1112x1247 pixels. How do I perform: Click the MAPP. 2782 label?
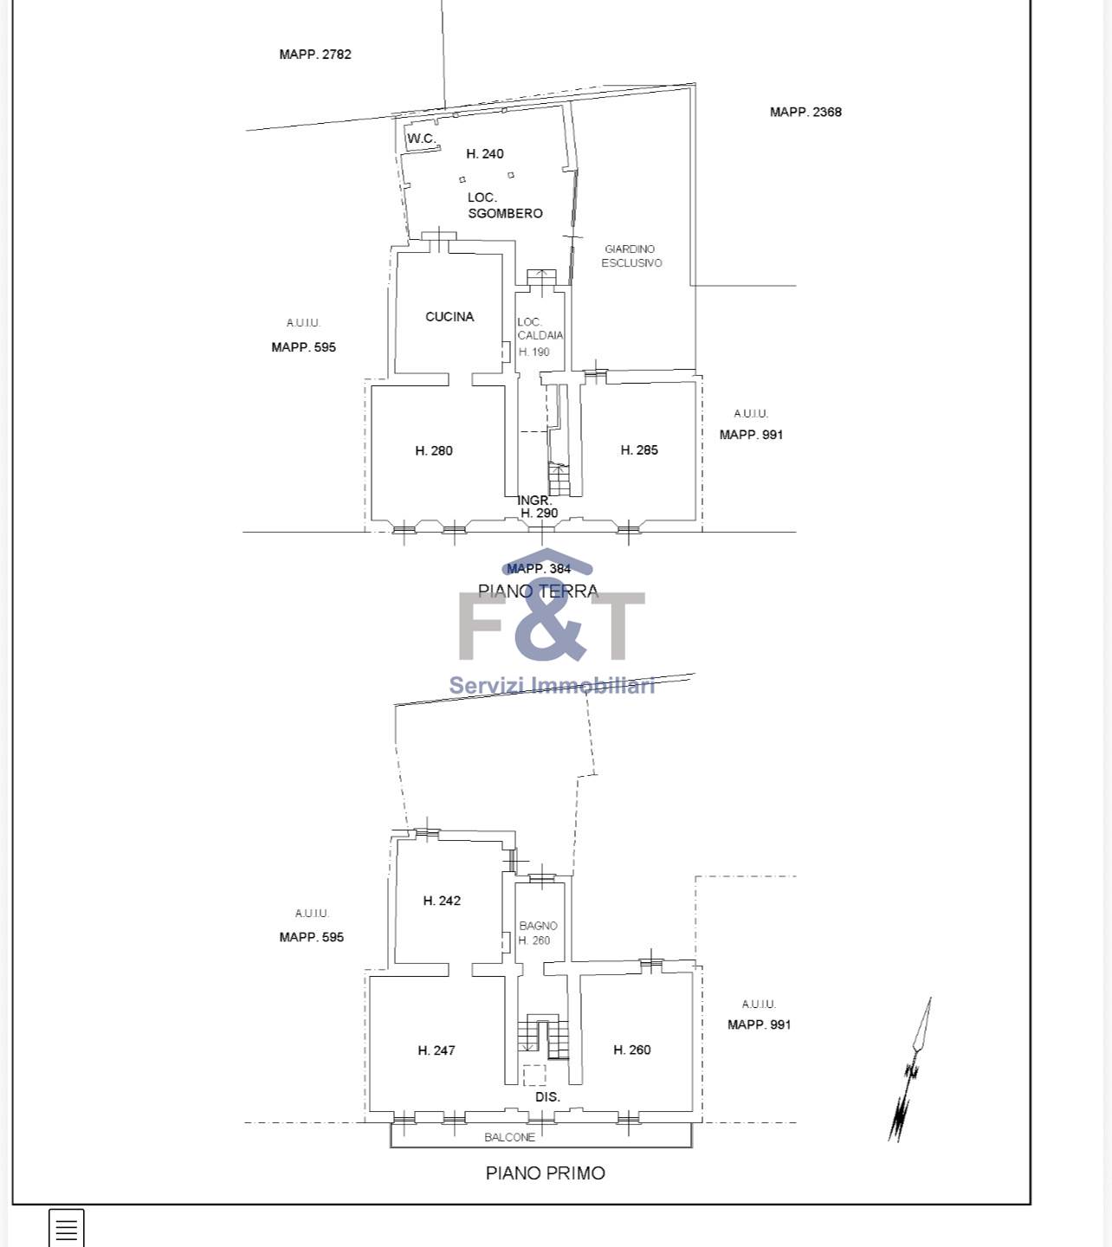tap(315, 55)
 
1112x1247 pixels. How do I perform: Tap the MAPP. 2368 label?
tap(805, 112)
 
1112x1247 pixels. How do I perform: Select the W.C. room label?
tap(422, 139)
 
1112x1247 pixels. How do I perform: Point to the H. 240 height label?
tap(485, 154)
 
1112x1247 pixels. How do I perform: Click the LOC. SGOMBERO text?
tap(505, 205)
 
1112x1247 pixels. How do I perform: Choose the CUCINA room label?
tap(449, 316)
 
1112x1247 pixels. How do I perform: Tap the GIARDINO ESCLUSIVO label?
tap(631, 256)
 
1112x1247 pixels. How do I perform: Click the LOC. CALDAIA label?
tap(540, 329)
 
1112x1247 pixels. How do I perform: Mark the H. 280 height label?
tap(434, 450)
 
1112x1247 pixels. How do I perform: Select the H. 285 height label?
tap(639, 450)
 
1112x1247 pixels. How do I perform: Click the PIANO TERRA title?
tap(538, 591)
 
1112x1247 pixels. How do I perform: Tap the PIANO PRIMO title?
tap(546, 1173)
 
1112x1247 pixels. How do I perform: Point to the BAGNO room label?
tap(538, 926)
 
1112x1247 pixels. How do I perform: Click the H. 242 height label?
tap(442, 901)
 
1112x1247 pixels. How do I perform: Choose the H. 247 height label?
tap(436, 1050)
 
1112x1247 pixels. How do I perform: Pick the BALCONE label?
tap(509, 1137)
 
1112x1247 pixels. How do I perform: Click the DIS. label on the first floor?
tap(547, 1097)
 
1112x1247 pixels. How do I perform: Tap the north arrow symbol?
tap(910, 1069)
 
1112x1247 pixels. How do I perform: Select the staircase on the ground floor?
tap(559, 480)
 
